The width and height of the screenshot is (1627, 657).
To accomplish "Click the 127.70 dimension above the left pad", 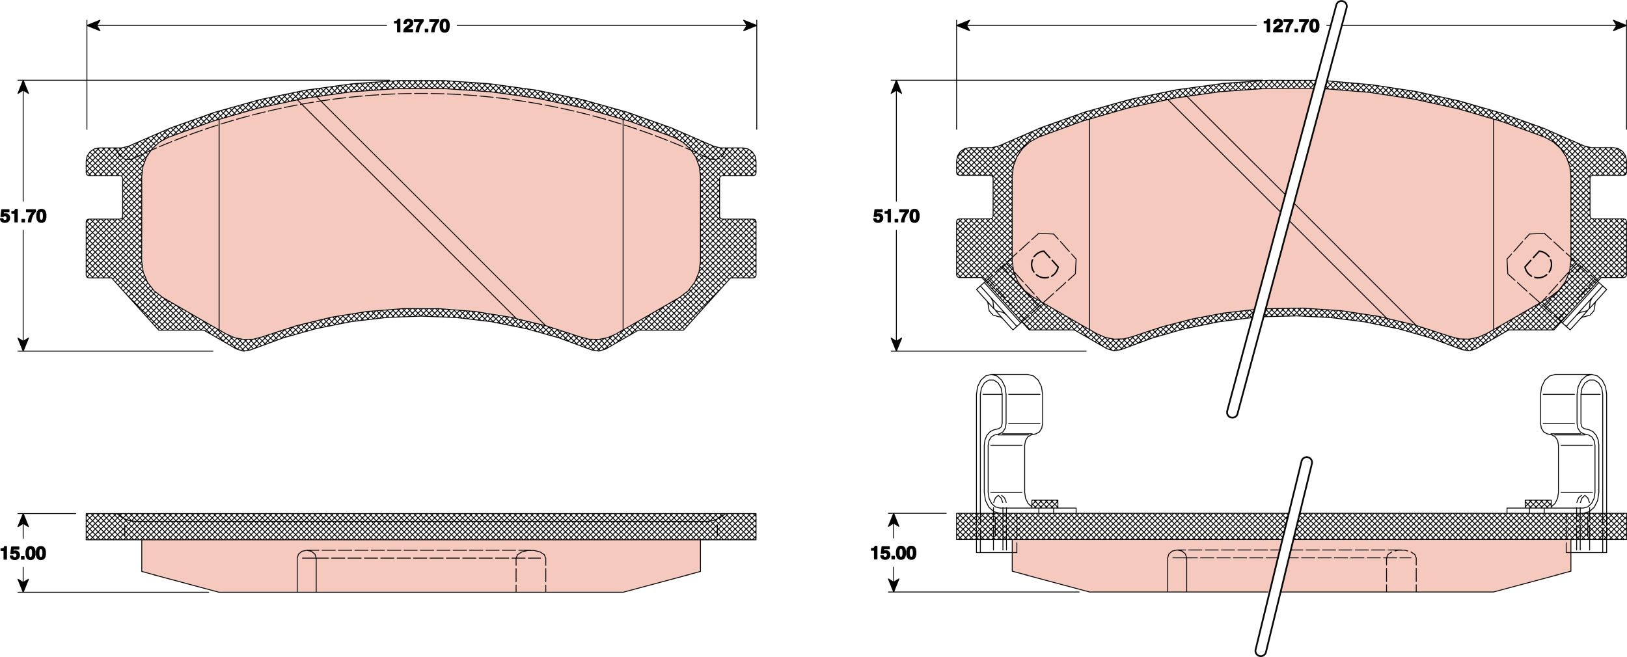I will (421, 26).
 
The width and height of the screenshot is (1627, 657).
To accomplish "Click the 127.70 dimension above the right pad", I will (1291, 26).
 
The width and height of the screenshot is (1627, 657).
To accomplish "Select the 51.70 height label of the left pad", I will (23, 217).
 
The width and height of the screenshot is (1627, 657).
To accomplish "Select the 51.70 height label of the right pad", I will (896, 217).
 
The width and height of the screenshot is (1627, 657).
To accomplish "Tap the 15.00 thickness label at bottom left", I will (23, 554).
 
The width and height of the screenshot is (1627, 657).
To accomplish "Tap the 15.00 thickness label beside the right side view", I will (894, 554).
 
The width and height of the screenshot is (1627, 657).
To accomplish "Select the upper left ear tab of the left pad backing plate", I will (104, 161).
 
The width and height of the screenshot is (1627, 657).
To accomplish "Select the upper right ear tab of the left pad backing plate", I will (738, 161).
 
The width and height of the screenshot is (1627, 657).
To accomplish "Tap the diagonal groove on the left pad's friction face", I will (421, 211).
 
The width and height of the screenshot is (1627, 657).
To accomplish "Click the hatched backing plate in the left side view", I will (421, 526).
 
